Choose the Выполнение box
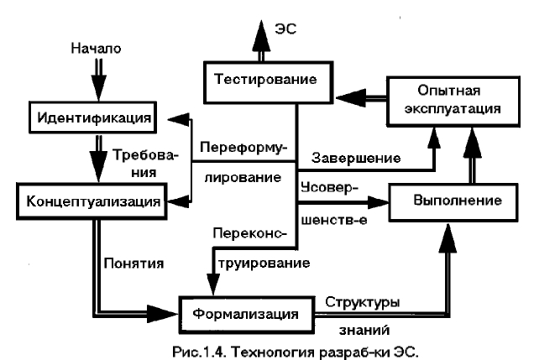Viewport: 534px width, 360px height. (458, 202)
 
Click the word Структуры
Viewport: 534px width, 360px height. (364, 300)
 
